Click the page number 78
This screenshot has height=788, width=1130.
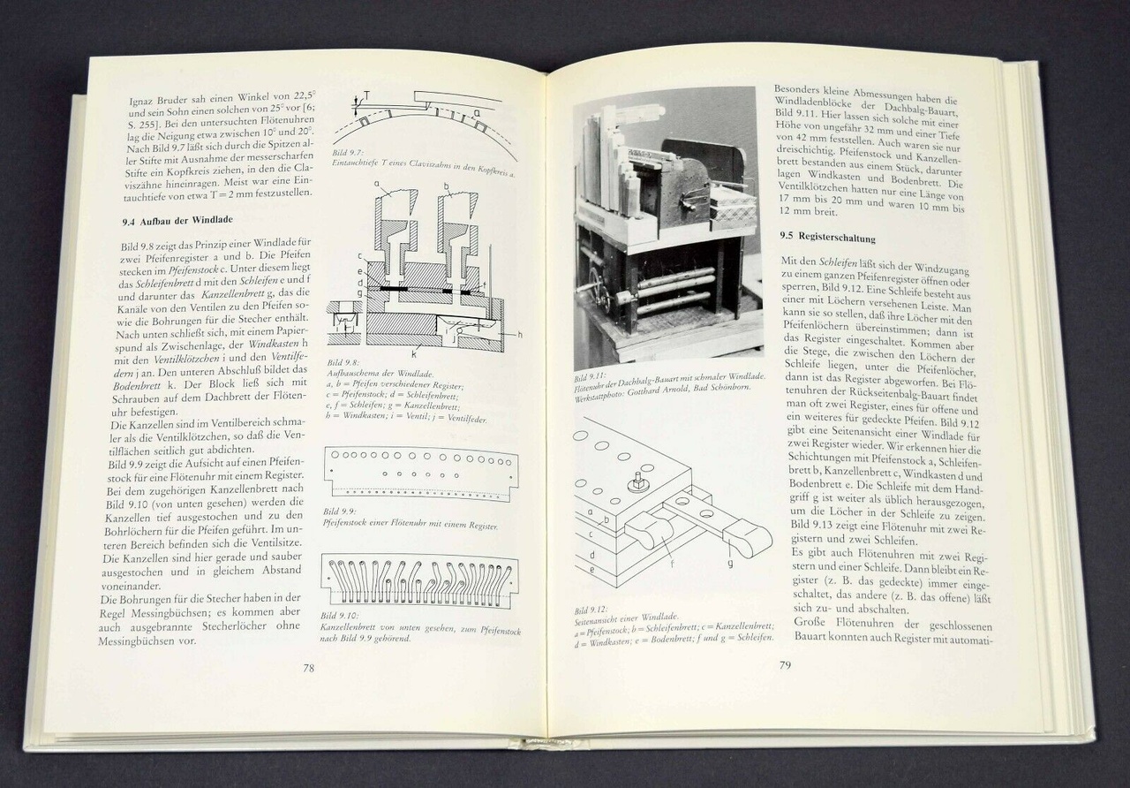coord(309,669)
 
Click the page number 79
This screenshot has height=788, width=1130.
coord(784,665)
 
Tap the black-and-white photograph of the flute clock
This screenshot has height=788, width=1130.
coord(667,230)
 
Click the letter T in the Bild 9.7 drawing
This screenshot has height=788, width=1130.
coord(369,98)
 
